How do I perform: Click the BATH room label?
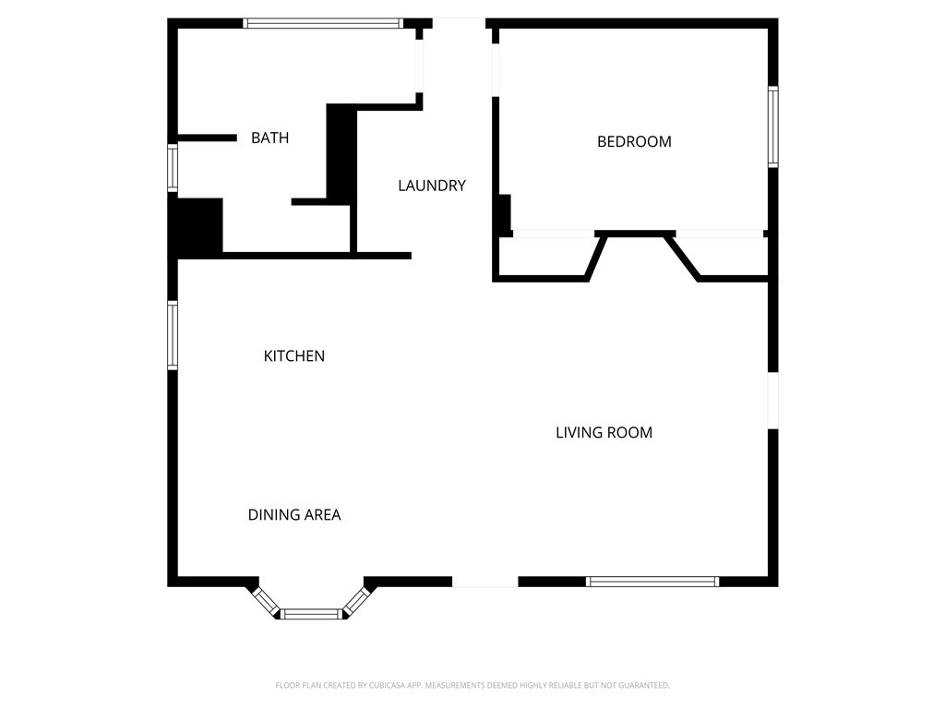click(x=270, y=138)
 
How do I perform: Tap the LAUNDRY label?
click(x=432, y=186)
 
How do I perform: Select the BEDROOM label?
click(x=634, y=141)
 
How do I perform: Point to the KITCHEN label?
click(x=294, y=356)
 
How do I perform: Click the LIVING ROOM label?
click(x=604, y=432)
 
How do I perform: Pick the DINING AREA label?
click(x=294, y=515)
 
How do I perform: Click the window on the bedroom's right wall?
click(x=773, y=126)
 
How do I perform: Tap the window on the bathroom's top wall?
click(x=323, y=23)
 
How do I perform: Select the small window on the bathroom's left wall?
click(x=173, y=168)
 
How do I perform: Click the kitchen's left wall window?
click(x=173, y=335)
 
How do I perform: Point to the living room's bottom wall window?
click(x=652, y=582)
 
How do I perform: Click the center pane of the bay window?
click(x=312, y=614)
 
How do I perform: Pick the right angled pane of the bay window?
click(x=356, y=601)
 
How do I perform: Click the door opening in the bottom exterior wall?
click(x=485, y=582)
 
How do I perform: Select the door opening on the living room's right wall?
click(x=773, y=401)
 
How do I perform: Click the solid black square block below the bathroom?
click(x=196, y=227)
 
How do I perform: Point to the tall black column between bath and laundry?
click(x=341, y=150)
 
